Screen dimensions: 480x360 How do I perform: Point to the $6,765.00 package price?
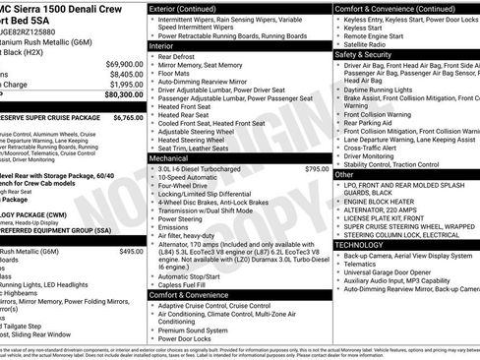(128, 116)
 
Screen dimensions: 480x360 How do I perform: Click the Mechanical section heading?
(168, 156)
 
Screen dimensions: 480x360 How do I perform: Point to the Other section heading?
(344, 174)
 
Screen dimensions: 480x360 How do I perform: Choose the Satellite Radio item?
(369, 43)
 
